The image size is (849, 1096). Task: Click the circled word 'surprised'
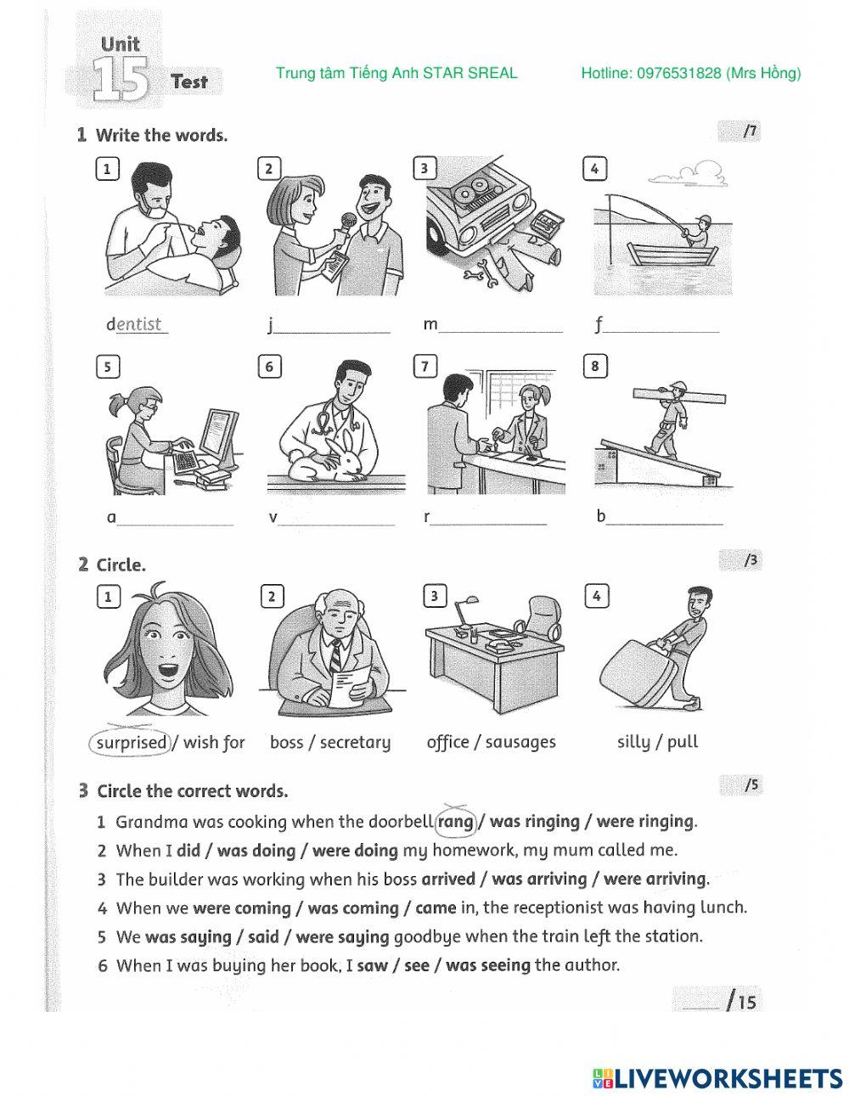(x=131, y=743)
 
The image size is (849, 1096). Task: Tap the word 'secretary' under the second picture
(x=355, y=743)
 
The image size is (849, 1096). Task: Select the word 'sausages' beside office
(x=520, y=743)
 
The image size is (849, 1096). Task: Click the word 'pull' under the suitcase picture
(x=683, y=743)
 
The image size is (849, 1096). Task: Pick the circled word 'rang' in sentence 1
(x=456, y=822)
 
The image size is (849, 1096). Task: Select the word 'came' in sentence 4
(x=436, y=908)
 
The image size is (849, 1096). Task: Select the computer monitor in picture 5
(x=217, y=436)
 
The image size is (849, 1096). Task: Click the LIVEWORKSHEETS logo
(x=717, y=1078)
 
